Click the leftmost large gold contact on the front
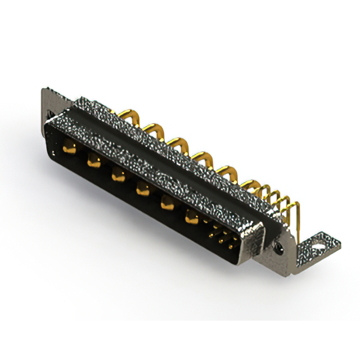click(69, 149)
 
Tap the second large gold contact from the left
click(93, 163)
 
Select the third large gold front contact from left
click(117, 175)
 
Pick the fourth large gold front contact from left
click(142, 190)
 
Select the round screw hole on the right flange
click(278, 246)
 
